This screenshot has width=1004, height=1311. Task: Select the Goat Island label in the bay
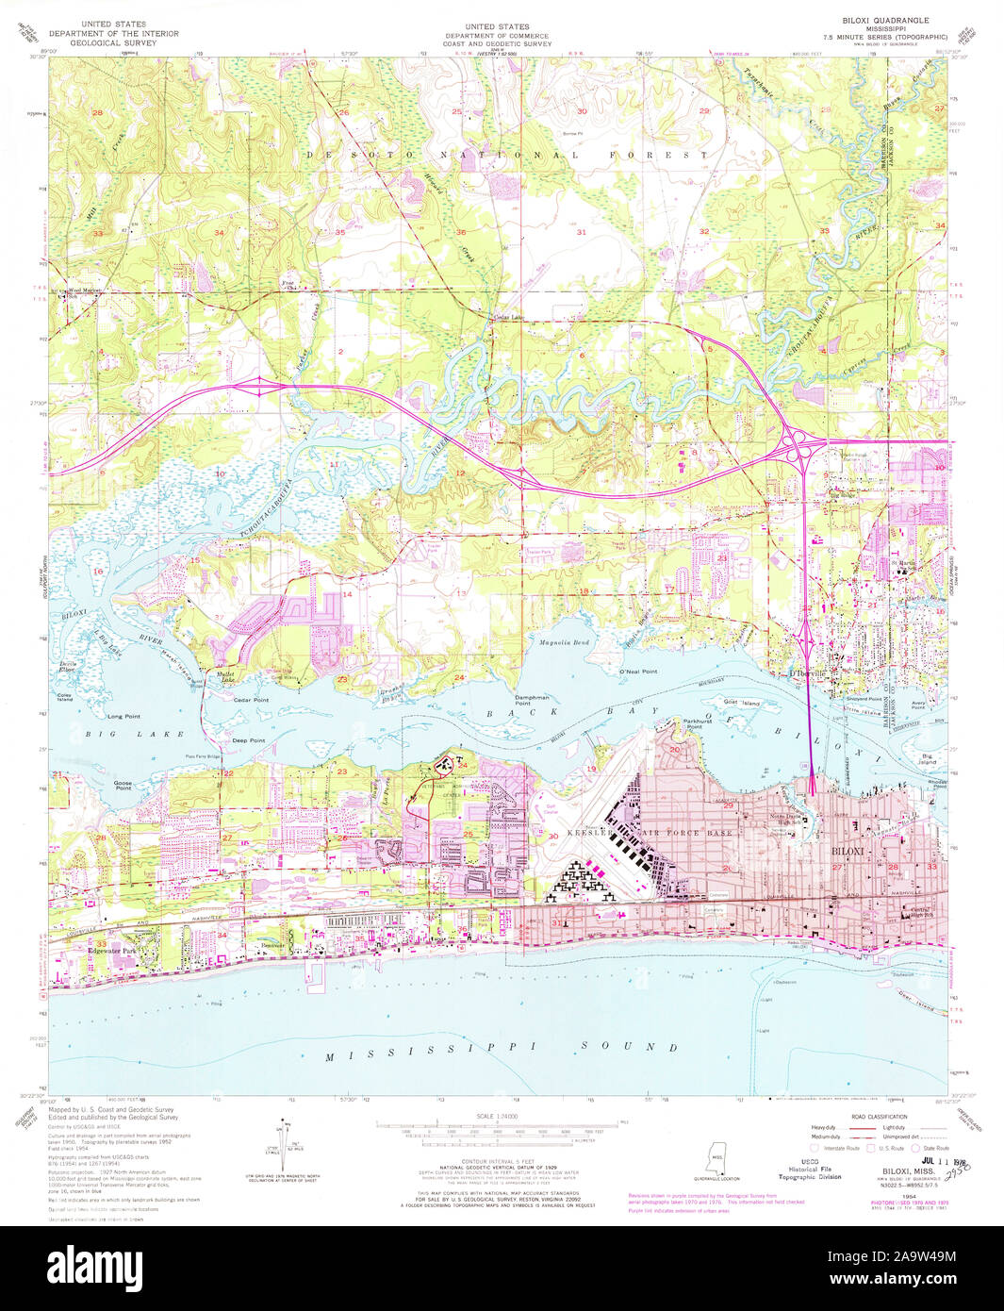(743, 703)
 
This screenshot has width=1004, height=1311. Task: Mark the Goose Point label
(123, 785)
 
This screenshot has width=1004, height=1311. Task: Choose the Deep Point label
(249, 740)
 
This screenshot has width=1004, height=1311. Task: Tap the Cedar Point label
(251, 700)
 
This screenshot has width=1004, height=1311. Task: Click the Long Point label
(123, 717)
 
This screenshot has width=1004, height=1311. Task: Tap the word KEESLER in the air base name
(593, 834)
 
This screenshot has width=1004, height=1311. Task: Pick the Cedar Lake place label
(507, 317)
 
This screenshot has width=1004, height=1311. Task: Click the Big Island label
(928, 758)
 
